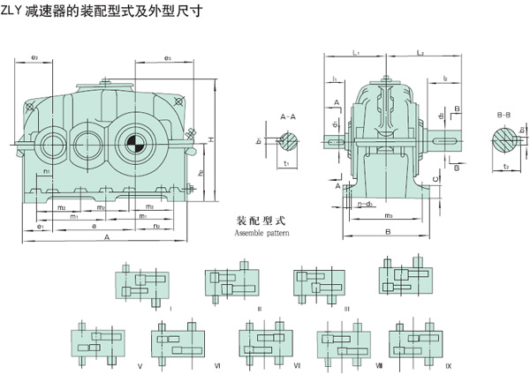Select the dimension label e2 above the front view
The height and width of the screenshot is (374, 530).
34,58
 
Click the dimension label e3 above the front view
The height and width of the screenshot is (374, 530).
167,58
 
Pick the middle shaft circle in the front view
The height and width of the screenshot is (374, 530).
86,142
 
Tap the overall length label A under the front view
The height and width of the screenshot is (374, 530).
107,238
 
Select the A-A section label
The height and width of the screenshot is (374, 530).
287,116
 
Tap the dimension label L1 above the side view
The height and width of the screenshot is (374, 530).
354,55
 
